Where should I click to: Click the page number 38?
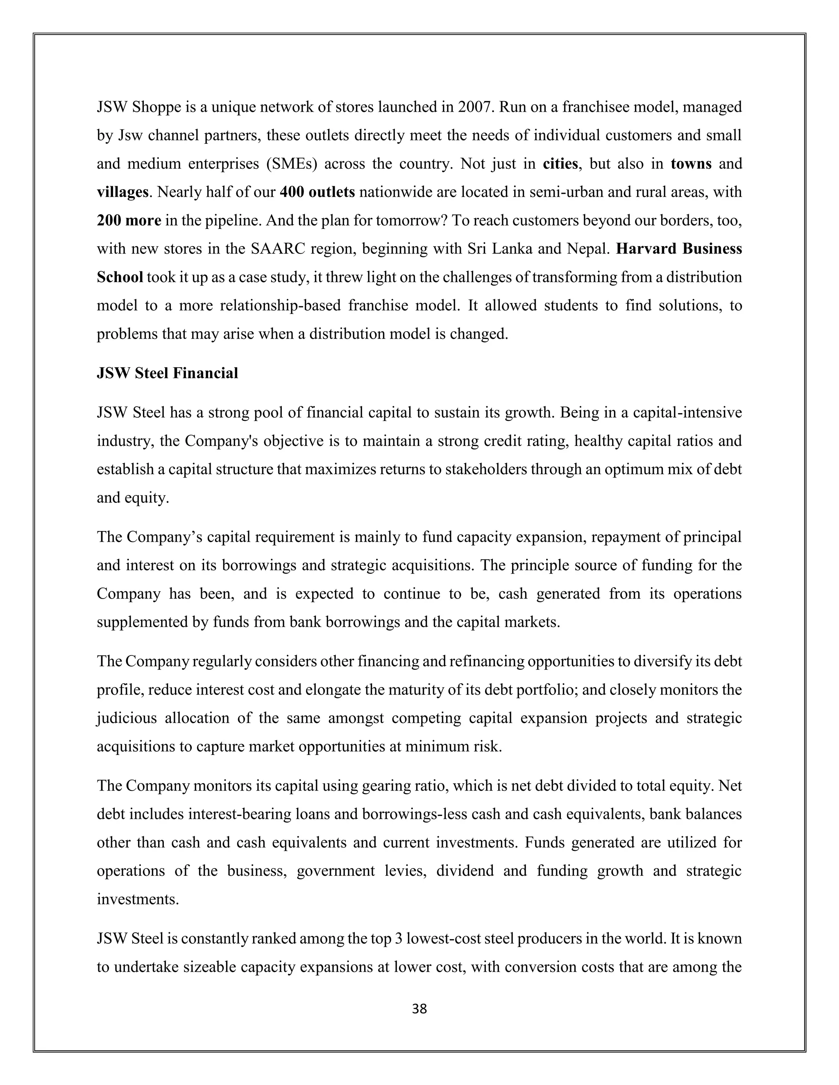pos(419,1008)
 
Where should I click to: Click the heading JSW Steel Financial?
pos(167,373)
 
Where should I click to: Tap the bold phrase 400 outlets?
pos(317,192)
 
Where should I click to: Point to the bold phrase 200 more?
pos(129,220)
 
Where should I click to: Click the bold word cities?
pos(560,163)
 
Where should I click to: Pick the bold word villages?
pos(122,192)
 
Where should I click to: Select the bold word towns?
pos(691,163)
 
